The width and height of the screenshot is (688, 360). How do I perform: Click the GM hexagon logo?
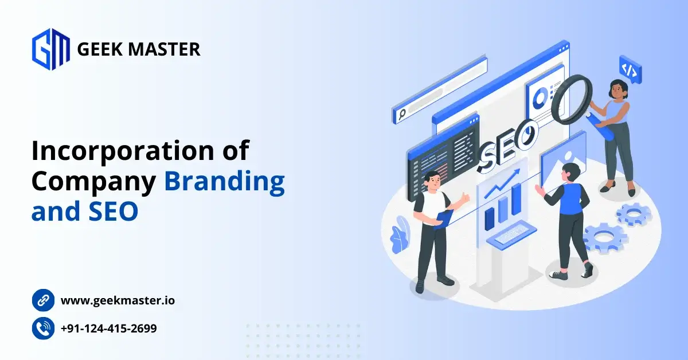[50, 49]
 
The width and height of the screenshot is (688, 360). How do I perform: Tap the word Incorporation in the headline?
[123, 151]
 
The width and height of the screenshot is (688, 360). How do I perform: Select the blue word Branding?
[225, 182]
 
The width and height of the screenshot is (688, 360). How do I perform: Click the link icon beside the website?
[44, 300]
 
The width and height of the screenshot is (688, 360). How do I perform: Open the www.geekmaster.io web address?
[118, 300]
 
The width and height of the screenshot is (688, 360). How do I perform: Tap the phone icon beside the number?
[44, 328]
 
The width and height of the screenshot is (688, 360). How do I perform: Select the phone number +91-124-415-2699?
[109, 328]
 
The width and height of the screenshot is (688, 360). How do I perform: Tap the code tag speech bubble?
[630, 70]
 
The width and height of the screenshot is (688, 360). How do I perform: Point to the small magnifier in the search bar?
[402, 114]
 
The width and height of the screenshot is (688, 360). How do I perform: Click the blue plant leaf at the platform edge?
[400, 235]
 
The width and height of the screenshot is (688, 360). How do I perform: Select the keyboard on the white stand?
[511, 233]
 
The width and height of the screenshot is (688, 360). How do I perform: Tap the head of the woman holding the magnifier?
[617, 89]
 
